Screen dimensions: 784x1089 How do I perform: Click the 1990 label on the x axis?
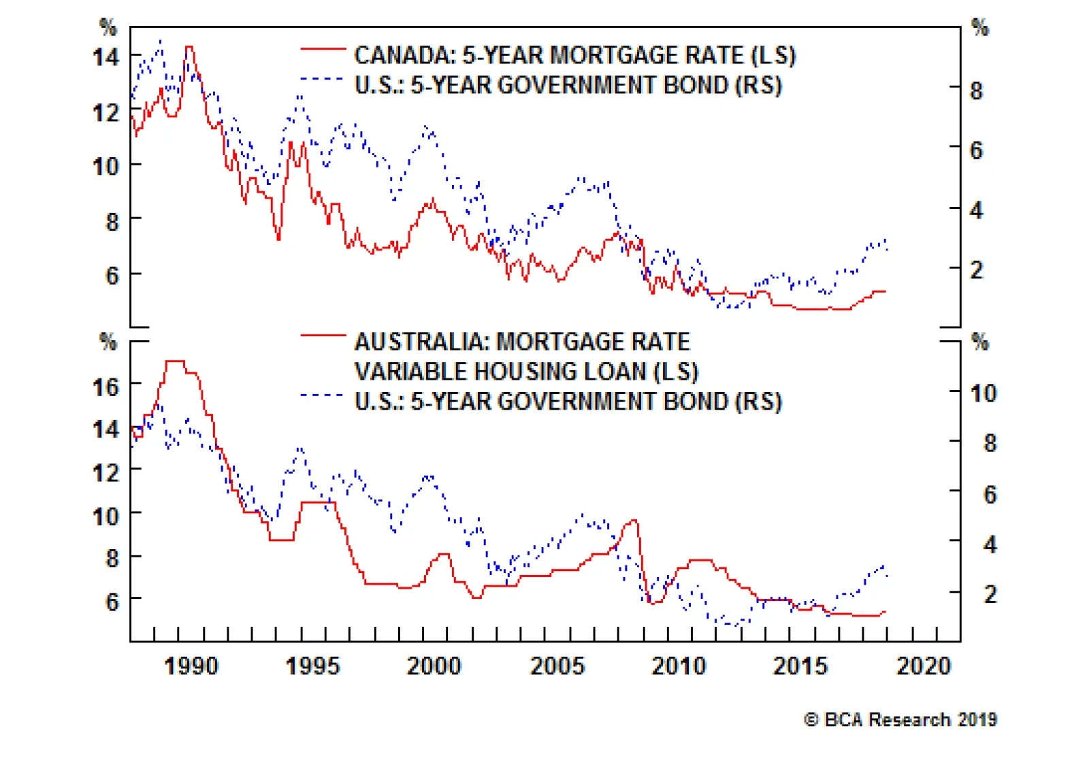[191, 666]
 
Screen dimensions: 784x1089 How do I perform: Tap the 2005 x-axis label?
[557, 666]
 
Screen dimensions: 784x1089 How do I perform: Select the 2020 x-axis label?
[923, 666]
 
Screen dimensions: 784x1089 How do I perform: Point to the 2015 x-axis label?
[800, 666]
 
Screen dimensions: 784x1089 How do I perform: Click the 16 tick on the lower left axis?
[106, 387]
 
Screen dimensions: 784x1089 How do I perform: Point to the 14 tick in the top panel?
[106, 57]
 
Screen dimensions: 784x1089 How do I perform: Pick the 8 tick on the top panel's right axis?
[976, 91]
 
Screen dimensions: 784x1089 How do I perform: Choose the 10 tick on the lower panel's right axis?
[983, 393]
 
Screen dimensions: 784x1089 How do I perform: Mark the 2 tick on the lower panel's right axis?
[990, 594]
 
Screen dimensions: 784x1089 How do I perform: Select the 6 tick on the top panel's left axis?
[112, 276]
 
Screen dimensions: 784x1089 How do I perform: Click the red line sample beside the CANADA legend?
[323, 49]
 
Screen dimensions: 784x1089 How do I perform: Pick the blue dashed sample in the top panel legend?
[323, 79]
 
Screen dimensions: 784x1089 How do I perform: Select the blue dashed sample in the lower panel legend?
[323, 395]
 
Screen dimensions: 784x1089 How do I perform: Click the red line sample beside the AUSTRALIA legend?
[323, 335]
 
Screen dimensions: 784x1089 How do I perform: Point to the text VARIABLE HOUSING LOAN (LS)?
[526, 372]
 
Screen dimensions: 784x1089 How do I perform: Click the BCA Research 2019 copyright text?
[900, 719]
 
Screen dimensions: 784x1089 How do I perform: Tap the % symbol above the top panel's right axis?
[979, 28]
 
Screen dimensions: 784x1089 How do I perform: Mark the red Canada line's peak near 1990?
[189, 48]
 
